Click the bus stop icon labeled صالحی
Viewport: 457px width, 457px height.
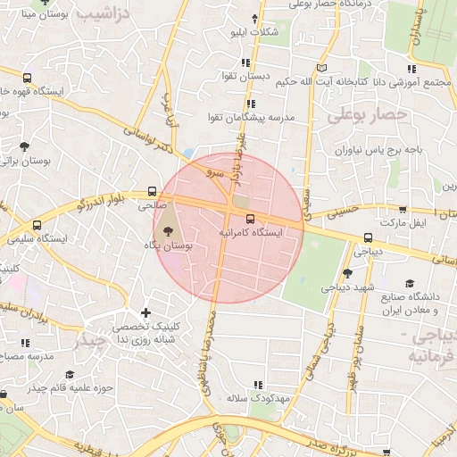[152, 191]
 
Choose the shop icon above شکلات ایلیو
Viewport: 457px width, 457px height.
[255, 19]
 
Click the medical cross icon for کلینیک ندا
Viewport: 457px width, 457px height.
[145, 312]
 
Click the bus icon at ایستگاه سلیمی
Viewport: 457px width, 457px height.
[37, 225]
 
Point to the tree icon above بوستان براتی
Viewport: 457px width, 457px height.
[24, 146]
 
